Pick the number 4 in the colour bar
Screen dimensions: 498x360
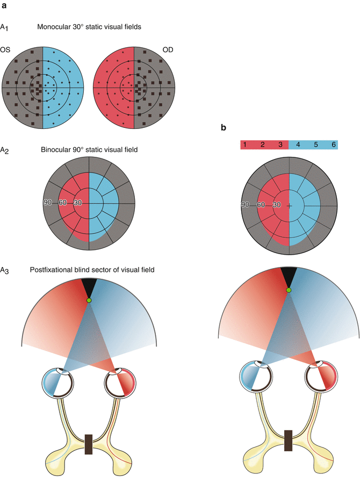click(x=298, y=145)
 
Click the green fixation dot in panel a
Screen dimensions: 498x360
click(x=89, y=300)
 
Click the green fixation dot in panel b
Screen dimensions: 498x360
click(x=289, y=290)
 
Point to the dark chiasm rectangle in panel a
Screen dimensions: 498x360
click(x=89, y=444)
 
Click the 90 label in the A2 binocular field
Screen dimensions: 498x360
click(x=49, y=203)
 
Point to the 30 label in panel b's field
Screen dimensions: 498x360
click(x=276, y=205)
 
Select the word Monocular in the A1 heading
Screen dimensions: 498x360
click(x=56, y=26)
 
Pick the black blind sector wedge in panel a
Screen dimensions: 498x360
click(x=89, y=285)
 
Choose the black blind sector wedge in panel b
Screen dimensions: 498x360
click(x=289, y=275)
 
